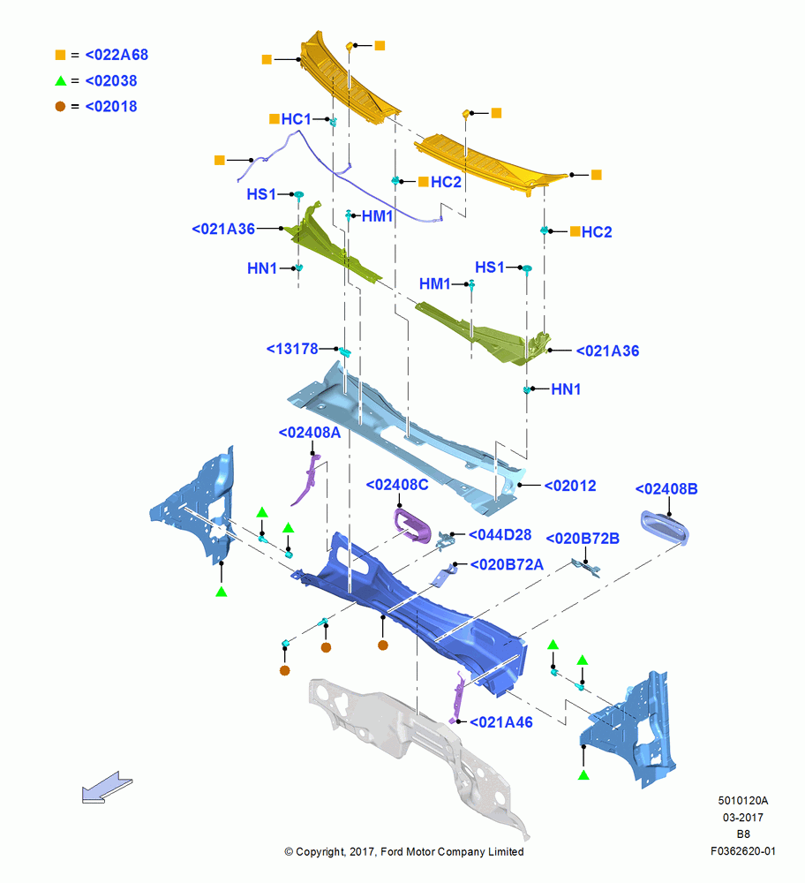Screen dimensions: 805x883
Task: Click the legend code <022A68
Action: (117, 55)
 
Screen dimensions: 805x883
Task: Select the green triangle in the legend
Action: (61, 81)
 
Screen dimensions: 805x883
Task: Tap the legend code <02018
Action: (111, 107)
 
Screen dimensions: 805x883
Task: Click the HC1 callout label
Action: (296, 119)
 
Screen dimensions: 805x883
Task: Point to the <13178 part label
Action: (292, 349)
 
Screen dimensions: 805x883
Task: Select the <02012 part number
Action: (569, 486)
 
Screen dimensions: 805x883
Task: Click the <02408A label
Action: (310, 433)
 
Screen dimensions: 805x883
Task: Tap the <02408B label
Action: (666, 489)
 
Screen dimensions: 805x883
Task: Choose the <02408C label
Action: (397, 485)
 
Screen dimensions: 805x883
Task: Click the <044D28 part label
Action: (500, 535)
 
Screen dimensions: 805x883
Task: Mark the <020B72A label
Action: (507, 564)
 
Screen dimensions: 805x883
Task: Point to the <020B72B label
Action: (583, 539)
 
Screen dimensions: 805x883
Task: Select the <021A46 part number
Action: (501, 722)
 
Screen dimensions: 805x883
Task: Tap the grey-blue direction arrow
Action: (107, 786)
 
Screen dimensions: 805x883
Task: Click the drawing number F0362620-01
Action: (743, 851)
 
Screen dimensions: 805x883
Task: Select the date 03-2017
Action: (743, 817)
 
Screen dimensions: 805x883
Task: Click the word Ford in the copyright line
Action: (393, 851)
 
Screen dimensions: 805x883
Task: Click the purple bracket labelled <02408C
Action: (412, 526)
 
